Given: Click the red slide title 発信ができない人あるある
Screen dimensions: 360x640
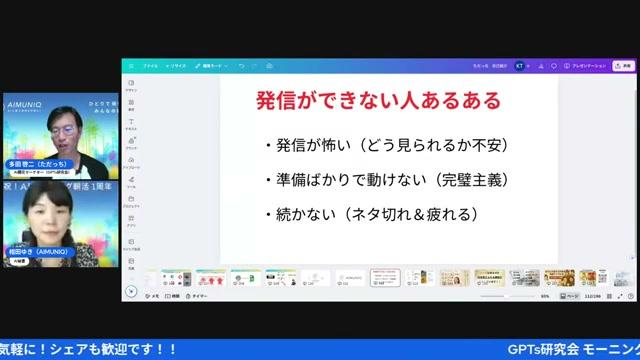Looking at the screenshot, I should (378, 102).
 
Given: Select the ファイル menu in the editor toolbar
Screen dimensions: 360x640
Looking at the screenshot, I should (150, 65).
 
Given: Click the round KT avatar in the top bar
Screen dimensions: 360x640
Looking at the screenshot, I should (519, 65).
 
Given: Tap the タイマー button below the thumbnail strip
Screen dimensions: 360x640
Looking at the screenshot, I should (198, 296).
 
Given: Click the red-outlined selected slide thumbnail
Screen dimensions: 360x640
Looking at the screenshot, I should (384, 277).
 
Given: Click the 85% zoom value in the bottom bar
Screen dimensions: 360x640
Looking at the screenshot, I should (545, 296).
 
